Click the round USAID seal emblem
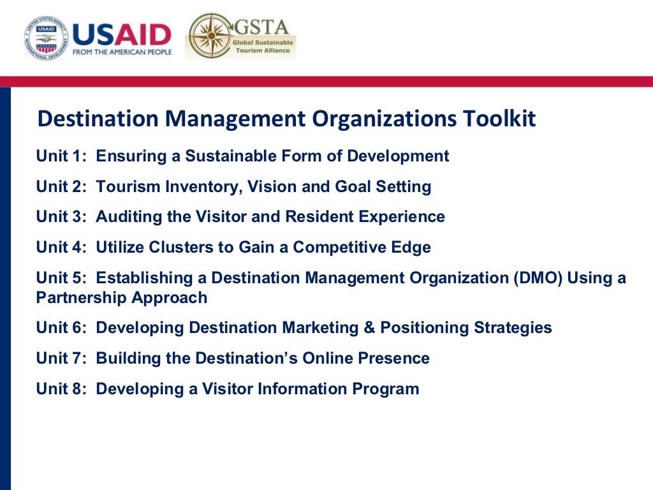[47, 38]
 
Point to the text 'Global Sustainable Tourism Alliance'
[263, 46]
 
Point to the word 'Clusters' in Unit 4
[180, 248]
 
